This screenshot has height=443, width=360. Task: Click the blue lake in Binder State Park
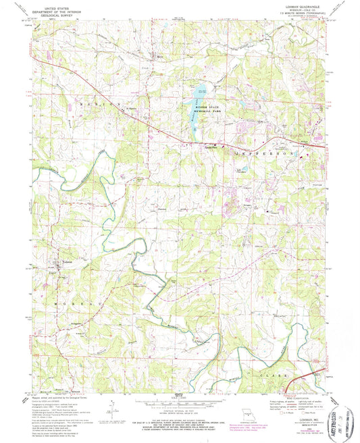pos(201,92)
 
